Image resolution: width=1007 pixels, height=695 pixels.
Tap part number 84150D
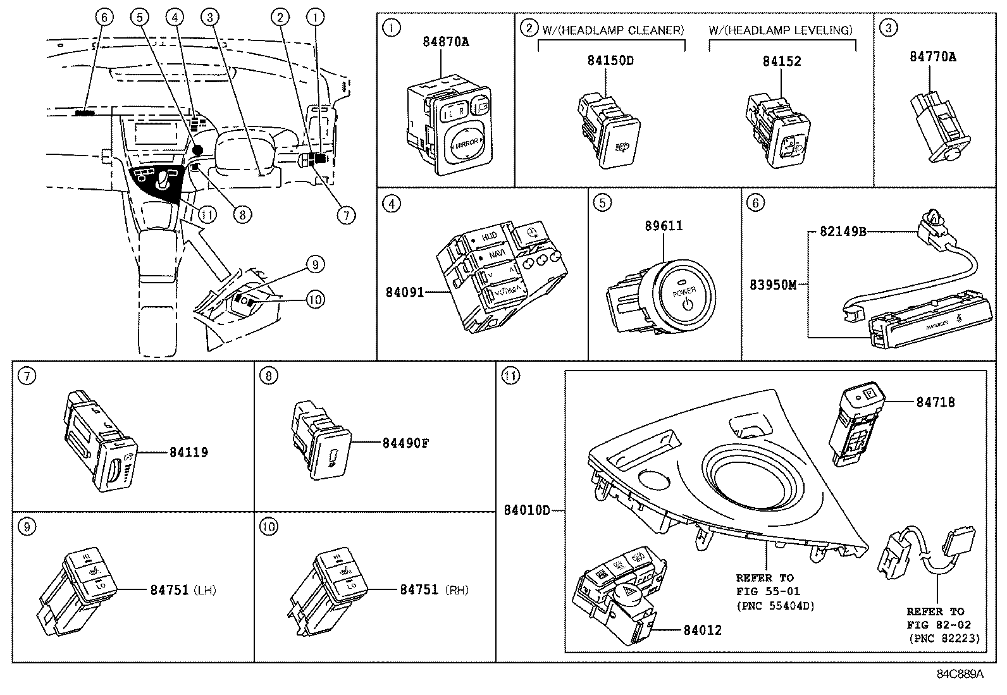[x=610, y=61]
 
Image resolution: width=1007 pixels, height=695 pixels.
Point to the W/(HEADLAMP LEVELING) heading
[x=781, y=30]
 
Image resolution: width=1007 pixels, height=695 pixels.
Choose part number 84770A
[x=933, y=56]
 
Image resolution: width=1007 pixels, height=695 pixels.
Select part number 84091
[x=405, y=292]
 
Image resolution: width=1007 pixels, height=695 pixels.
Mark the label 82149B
[x=843, y=231]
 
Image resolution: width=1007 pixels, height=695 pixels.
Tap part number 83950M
[x=773, y=285]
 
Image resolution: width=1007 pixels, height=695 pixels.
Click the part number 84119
[x=188, y=452]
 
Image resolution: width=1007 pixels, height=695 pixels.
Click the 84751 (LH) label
[x=183, y=590]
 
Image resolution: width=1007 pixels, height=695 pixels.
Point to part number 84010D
[x=527, y=510]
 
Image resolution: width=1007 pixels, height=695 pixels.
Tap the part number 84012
[x=702, y=630]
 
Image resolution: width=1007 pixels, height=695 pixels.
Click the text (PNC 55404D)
[x=775, y=606]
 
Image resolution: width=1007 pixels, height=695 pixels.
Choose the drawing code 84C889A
[x=960, y=674]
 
